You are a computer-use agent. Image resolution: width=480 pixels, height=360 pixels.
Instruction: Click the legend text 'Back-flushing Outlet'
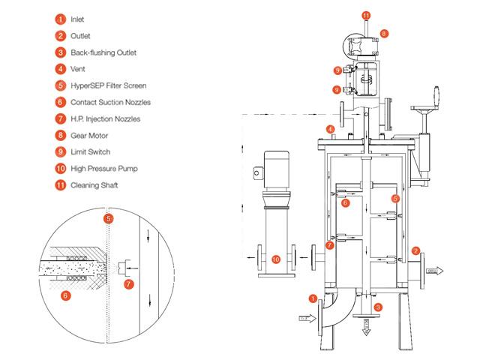(103, 52)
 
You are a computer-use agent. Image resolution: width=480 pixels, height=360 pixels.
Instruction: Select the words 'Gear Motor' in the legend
(89, 136)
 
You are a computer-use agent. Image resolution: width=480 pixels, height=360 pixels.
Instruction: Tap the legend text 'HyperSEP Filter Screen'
(108, 85)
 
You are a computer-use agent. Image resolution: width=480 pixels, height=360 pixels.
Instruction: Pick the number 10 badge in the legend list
(61, 168)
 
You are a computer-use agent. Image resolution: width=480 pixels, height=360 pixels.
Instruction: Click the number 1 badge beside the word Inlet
(61, 19)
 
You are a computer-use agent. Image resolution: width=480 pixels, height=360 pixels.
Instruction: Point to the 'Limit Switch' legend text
(90, 151)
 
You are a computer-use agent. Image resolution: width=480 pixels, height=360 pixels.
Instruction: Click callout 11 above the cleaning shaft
(366, 15)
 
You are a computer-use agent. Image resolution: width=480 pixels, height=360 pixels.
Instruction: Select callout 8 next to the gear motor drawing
(384, 33)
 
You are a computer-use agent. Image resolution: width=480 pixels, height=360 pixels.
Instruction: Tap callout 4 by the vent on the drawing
(330, 129)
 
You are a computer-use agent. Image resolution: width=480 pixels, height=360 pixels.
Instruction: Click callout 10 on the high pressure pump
(276, 259)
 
